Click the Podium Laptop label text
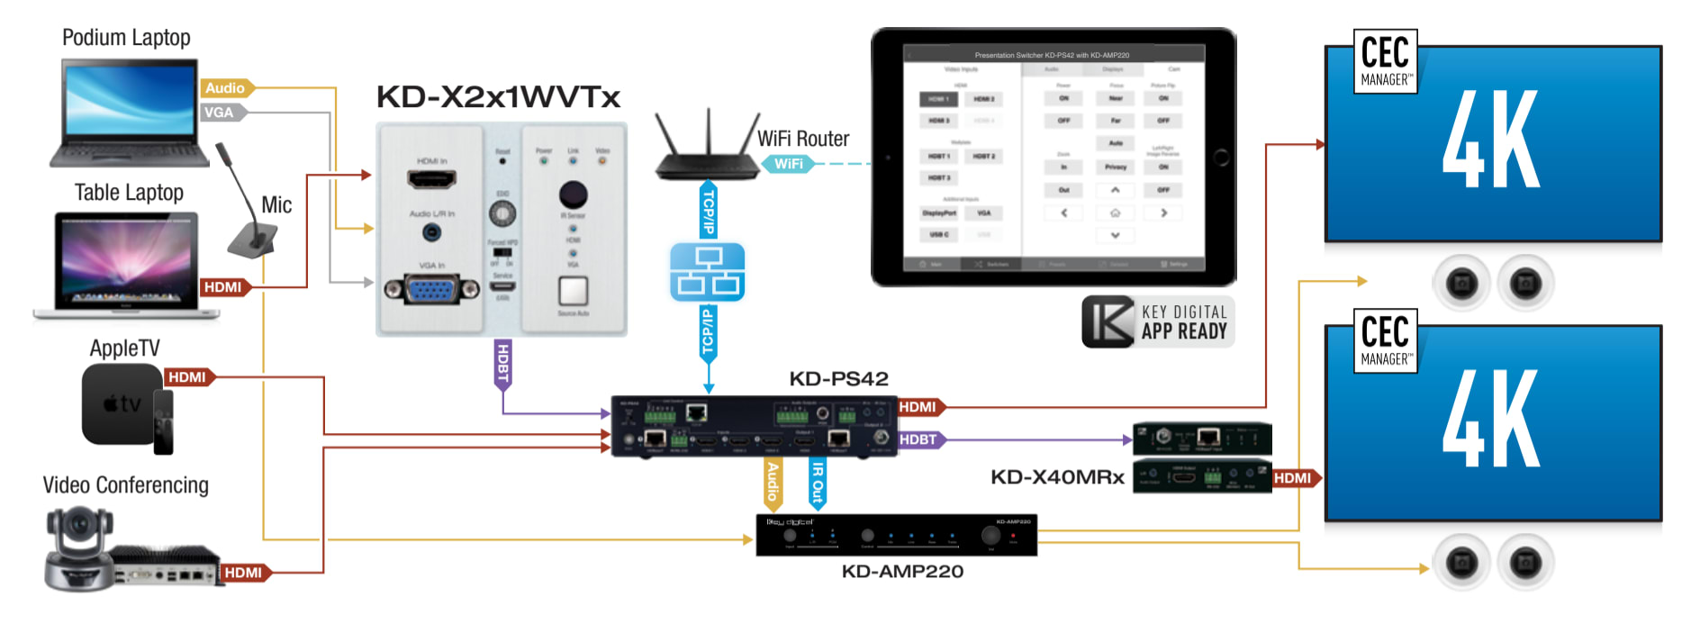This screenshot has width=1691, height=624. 126,38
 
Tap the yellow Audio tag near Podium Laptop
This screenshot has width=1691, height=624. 225,88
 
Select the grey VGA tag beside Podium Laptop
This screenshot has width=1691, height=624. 219,113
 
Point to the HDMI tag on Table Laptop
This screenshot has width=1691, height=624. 222,287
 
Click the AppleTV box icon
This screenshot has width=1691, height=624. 121,405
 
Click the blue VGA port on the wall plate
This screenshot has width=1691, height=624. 432,289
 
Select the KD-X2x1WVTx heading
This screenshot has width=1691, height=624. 498,97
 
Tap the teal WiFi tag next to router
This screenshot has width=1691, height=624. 788,164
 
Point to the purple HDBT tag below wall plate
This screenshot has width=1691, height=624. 502,363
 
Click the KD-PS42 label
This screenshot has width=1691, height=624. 838,379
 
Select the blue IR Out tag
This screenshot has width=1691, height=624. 817,481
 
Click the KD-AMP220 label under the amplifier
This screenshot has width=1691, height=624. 902,572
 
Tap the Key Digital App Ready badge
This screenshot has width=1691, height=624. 1158,321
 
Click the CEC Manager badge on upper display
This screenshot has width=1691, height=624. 1386,61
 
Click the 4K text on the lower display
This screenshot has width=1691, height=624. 1490,419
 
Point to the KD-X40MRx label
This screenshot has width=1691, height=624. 1057,477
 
